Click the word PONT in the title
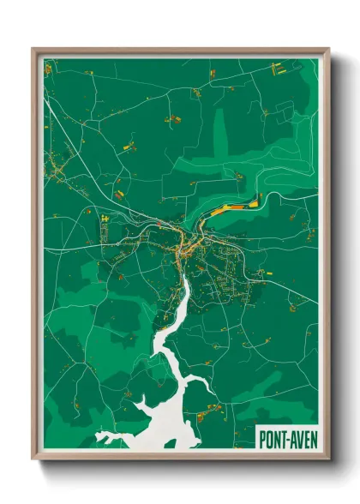pyautogui.click(x=273, y=439)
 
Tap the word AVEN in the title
pyautogui.click(x=302, y=439)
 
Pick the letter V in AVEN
pyautogui.click(x=298, y=439)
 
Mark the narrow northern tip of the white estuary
pyautogui.click(x=183, y=279)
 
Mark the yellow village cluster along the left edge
pyautogui.click(x=56, y=168)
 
